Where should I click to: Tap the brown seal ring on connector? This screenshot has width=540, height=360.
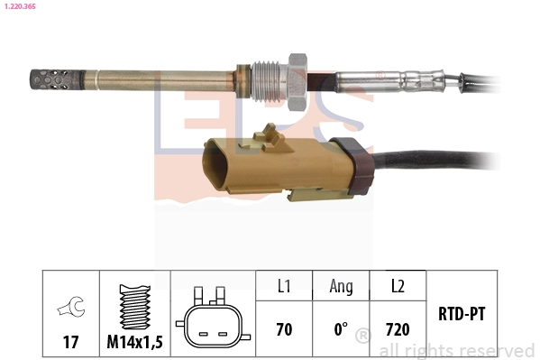[x=349, y=167]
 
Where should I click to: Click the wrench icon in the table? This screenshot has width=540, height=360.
[x=69, y=309]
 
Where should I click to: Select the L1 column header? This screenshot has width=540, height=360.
[x=284, y=286]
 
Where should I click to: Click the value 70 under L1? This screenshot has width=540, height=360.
[x=284, y=329]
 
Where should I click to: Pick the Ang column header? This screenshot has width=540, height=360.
[x=341, y=286]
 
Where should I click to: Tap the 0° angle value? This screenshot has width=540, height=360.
[x=341, y=329]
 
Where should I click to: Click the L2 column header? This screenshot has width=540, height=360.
[x=398, y=286]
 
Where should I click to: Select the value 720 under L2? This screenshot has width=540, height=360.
[x=398, y=329]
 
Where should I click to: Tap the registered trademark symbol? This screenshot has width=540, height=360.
[x=363, y=337]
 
